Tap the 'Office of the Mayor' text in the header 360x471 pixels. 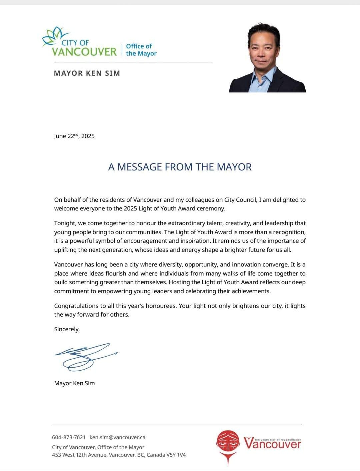point(141,50)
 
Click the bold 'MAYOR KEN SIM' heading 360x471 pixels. point(87,73)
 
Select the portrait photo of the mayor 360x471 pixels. point(267,58)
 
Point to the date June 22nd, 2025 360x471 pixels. point(74,136)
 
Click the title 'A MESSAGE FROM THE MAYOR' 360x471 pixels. point(180,167)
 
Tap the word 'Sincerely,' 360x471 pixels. point(67,329)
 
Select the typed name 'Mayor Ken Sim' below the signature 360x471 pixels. point(74,383)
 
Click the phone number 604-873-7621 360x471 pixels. point(69,437)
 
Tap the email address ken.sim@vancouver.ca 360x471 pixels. point(117,437)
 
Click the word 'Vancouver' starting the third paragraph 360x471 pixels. point(68,265)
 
